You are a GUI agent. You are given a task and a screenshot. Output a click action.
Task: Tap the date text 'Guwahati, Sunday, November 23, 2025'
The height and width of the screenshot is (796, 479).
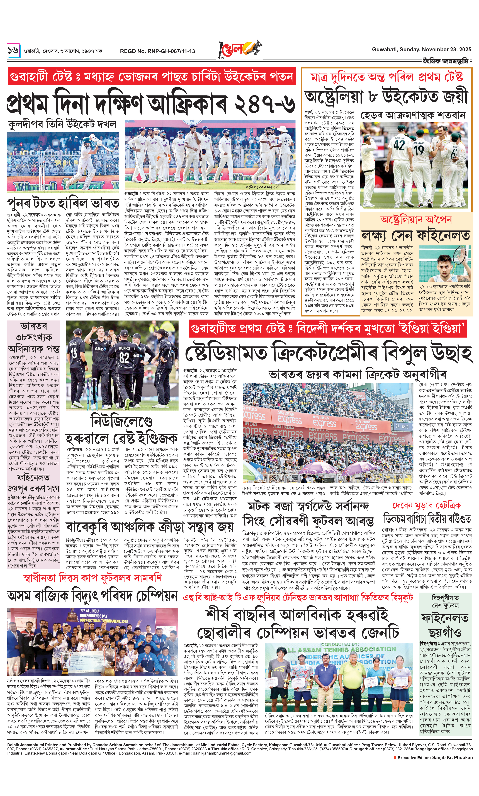pyautogui.click(x=421, y=49)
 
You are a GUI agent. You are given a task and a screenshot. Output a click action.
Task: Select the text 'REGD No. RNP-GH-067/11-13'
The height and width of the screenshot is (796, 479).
pyautogui.click(x=157, y=51)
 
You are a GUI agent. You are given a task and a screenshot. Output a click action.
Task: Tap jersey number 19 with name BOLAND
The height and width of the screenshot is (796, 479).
pyautogui.click(x=419, y=150)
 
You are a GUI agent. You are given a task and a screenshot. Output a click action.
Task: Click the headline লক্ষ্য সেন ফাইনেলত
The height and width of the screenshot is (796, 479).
pyautogui.click(x=415, y=235)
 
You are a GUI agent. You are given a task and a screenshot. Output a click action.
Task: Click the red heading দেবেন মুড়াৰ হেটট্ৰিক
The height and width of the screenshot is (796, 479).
pyautogui.click(x=426, y=506)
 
